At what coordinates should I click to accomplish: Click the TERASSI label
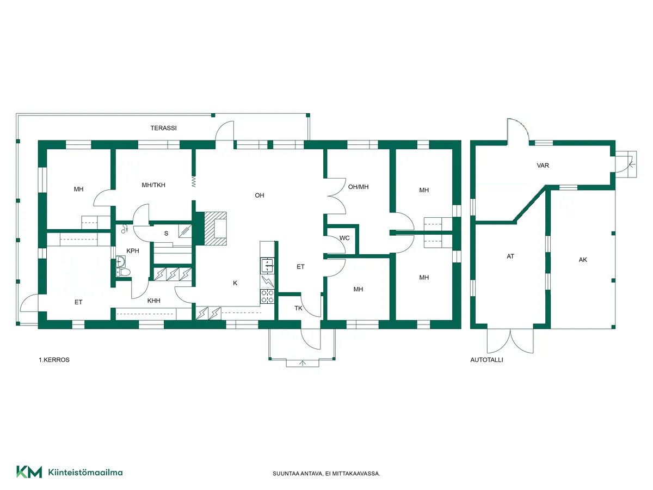(x=163, y=128)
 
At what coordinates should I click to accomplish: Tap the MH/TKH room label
(x=153, y=185)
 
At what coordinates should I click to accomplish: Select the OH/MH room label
(x=358, y=187)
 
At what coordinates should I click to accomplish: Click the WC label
(x=344, y=238)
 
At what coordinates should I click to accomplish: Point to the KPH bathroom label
(x=133, y=251)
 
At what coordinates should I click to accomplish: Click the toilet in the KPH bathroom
(x=123, y=272)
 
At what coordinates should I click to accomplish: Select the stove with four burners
(x=267, y=296)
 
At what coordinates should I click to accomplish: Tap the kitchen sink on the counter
(x=267, y=266)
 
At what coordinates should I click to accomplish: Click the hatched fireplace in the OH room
(x=215, y=229)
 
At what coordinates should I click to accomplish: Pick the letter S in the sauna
(x=167, y=234)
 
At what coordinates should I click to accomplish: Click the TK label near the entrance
(x=298, y=308)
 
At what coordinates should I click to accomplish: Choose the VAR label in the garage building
(x=543, y=166)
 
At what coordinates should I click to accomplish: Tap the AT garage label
(x=510, y=256)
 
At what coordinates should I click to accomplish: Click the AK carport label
(x=583, y=260)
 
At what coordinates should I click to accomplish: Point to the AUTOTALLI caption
(x=486, y=360)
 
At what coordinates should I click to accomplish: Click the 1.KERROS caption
(x=54, y=360)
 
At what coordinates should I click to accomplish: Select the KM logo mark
(x=29, y=472)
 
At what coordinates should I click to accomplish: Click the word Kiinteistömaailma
(x=85, y=473)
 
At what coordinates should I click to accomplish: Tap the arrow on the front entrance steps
(x=303, y=363)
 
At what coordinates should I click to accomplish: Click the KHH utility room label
(x=154, y=301)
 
